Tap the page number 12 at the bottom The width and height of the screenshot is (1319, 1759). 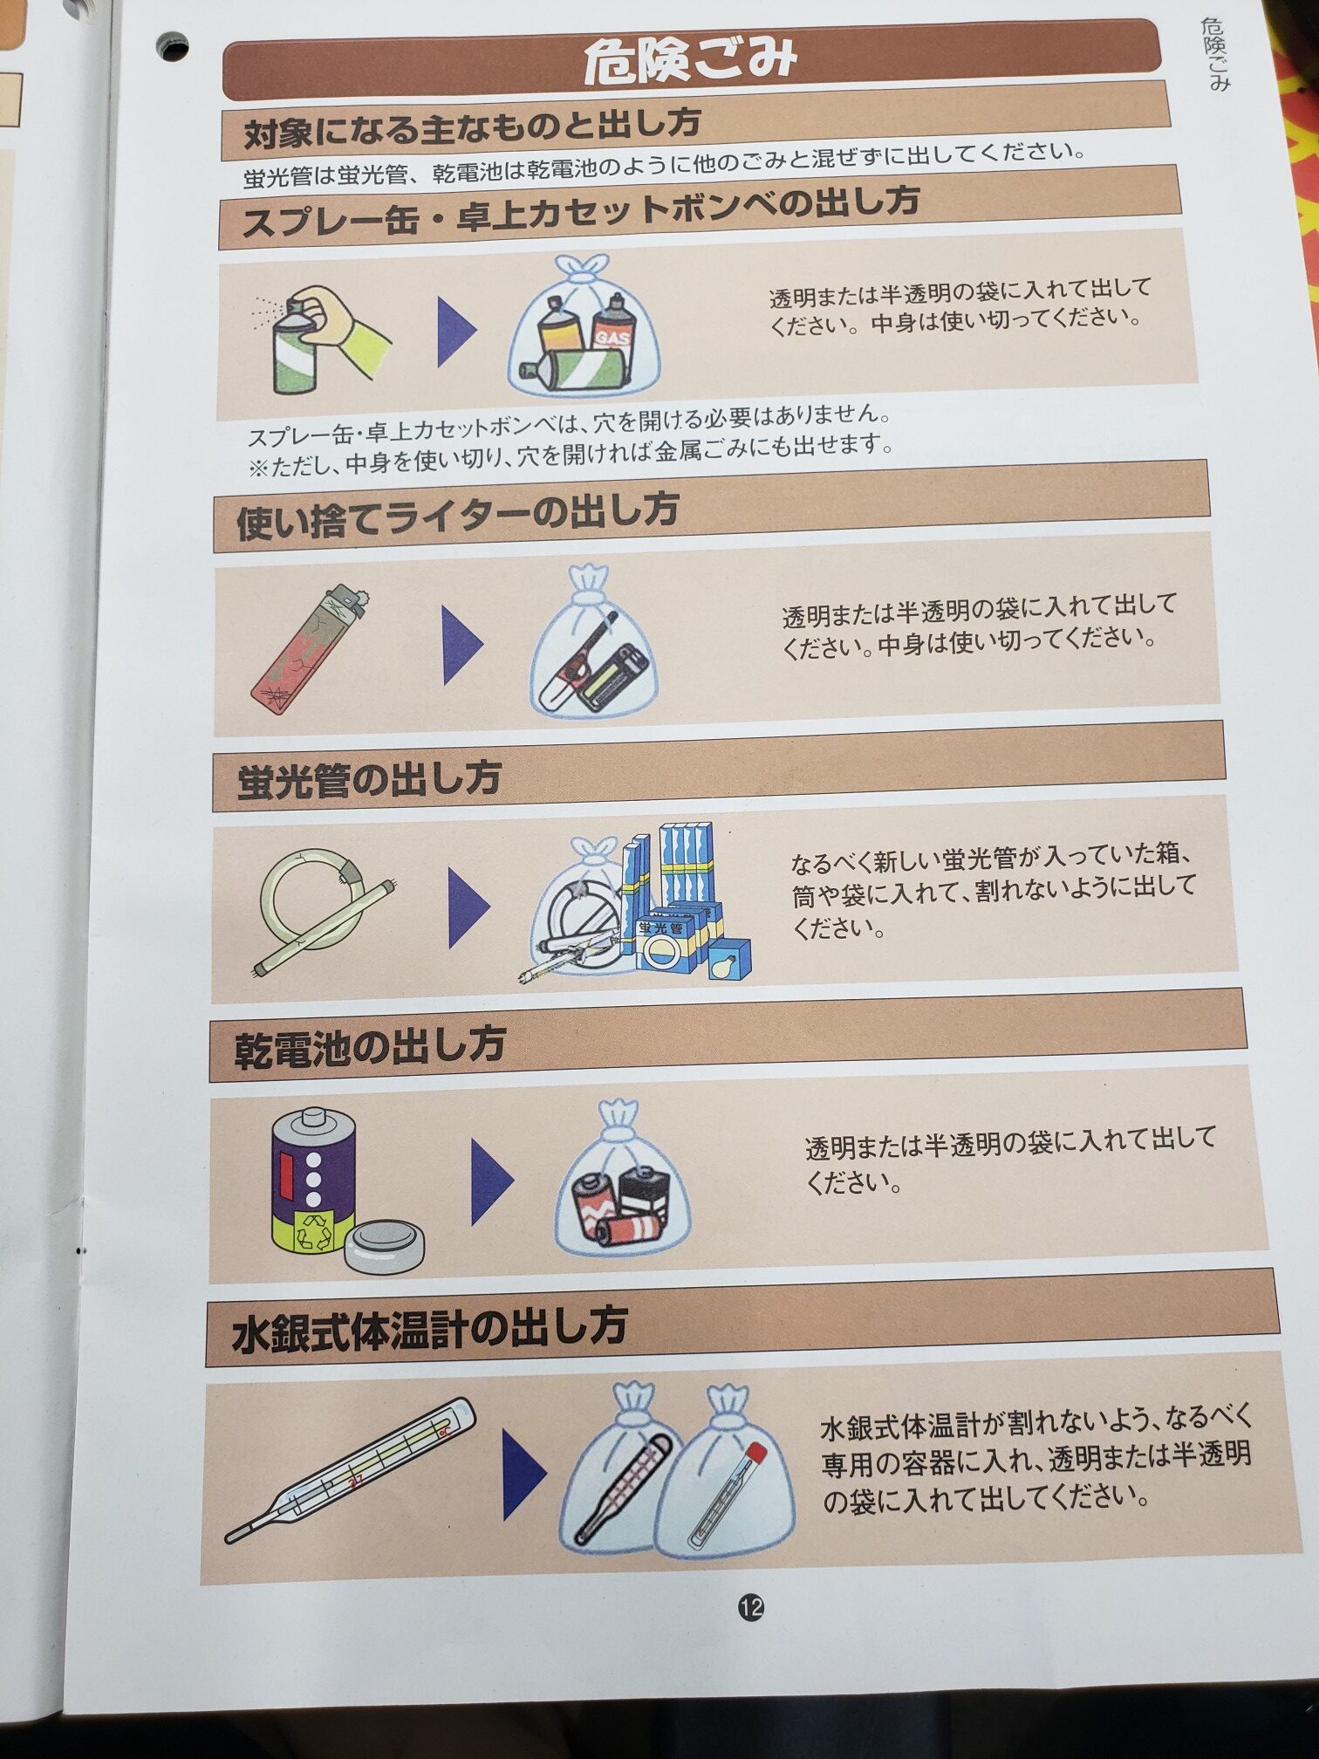click(751, 1607)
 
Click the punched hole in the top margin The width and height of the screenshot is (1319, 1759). click(173, 46)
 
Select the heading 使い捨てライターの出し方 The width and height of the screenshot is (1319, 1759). click(457, 515)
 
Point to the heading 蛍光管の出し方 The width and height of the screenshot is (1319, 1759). click(368, 778)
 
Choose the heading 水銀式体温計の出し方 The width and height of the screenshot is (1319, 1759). click(429, 1330)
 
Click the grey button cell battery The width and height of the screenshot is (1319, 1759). click(385, 1243)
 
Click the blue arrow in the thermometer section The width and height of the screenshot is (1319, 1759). click(523, 1475)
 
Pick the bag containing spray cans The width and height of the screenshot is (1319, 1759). click(584, 332)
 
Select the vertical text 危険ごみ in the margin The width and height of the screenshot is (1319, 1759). click(1214, 54)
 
